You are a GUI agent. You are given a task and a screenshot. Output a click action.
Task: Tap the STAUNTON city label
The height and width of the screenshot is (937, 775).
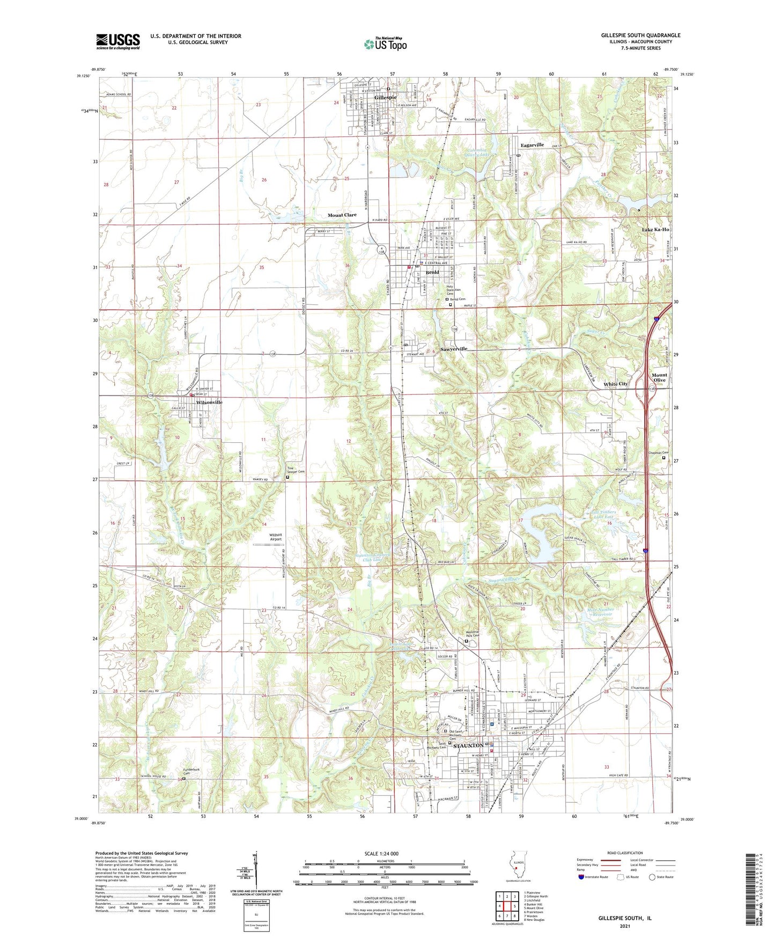[x=468, y=745]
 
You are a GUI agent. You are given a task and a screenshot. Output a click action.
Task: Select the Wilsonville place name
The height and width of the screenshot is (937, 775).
[x=209, y=402]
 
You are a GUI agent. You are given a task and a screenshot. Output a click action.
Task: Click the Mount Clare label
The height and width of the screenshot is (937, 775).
[x=342, y=215]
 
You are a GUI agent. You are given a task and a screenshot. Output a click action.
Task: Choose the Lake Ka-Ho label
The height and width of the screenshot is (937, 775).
[x=655, y=230]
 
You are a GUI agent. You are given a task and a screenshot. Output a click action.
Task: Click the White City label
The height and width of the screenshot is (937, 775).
[x=615, y=384]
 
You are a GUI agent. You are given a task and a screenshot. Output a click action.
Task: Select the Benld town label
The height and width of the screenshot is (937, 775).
[x=432, y=272]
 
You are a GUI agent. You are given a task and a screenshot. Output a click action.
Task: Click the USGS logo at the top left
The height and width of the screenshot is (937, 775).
[x=118, y=41]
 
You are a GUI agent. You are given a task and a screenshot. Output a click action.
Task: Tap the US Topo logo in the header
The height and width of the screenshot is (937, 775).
[x=385, y=43]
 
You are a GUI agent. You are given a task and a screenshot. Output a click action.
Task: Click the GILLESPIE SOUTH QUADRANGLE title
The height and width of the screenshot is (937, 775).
[x=640, y=35]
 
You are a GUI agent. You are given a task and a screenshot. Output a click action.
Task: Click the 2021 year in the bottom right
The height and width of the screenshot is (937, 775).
[x=625, y=926]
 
